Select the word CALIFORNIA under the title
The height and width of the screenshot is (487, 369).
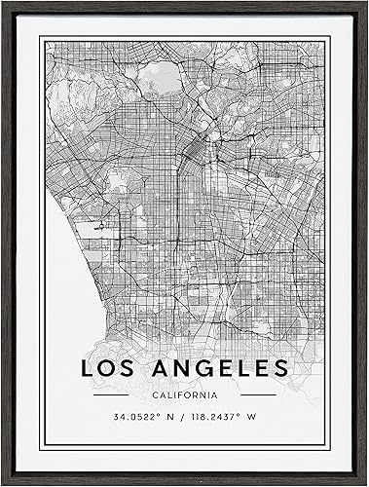click(x=184, y=397)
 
